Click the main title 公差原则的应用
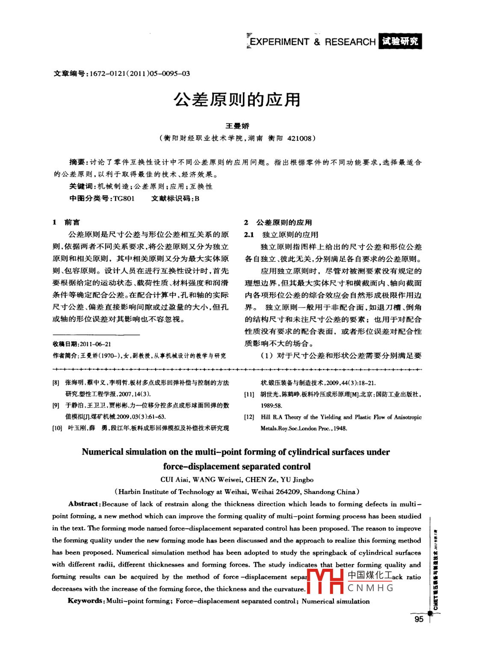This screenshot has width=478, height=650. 237,100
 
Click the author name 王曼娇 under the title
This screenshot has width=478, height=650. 237,126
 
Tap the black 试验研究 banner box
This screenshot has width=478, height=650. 400,41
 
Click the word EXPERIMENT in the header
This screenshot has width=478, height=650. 280,42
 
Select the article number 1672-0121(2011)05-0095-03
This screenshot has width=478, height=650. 140,74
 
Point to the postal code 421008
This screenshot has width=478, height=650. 299,138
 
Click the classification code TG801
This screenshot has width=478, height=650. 124,198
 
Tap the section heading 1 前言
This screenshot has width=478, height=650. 66,222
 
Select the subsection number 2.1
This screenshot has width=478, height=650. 249,235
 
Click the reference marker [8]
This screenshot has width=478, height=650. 56,383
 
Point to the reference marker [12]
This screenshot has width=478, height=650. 249,417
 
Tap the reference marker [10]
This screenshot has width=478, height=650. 57,428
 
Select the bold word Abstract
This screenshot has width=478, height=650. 83,504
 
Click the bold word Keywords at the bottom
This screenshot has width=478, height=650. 85,601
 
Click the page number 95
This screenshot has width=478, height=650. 419,619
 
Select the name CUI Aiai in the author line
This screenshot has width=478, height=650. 174,480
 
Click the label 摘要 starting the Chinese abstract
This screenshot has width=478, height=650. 77,162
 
